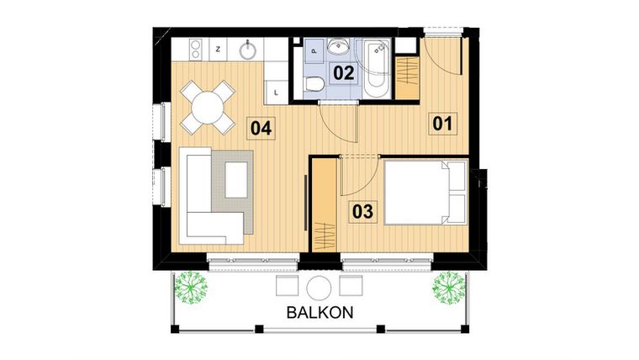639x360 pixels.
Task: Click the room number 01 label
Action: pyautogui.click(x=443, y=124)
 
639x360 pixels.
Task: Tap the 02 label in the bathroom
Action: pyautogui.click(x=343, y=72)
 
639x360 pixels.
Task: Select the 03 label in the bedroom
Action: pyautogui.click(x=362, y=211)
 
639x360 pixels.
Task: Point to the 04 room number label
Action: pyautogui.click(x=261, y=129)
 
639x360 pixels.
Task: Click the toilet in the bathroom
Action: pyautogui.click(x=314, y=82)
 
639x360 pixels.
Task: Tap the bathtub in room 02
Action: pyautogui.click(x=374, y=67)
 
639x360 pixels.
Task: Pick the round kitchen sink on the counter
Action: pyautogui.click(x=249, y=50)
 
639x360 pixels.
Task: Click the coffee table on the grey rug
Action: pyautogui.click(x=236, y=179)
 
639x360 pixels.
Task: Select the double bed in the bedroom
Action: pyautogui.click(x=424, y=193)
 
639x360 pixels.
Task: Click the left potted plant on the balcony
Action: pyautogui.click(x=192, y=288)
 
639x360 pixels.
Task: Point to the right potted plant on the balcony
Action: pyautogui.click(x=448, y=288)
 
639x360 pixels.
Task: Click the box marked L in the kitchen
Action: pyautogui.click(x=277, y=88)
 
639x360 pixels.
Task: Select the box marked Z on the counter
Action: pyautogui.click(x=219, y=50)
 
